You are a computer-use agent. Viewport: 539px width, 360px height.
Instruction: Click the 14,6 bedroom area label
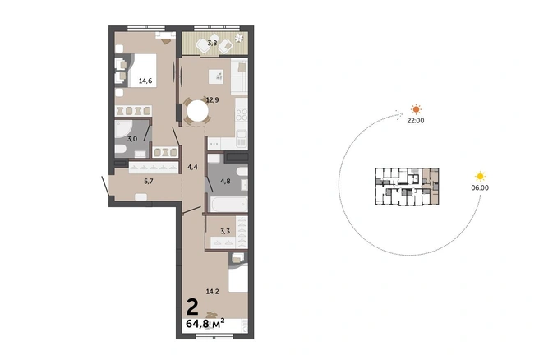(145, 81)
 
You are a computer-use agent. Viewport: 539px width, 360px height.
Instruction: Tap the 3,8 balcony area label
(212, 43)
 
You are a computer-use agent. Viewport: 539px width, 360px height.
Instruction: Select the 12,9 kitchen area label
(213, 100)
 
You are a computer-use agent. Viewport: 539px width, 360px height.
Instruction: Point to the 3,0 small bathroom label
(132, 139)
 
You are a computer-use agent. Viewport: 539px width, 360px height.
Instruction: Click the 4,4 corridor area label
(192, 168)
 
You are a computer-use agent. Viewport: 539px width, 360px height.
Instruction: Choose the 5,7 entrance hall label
(149, 181)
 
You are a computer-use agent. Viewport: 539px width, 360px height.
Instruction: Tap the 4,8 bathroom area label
(225, 181)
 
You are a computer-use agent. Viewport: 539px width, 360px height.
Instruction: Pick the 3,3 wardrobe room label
(225, 232)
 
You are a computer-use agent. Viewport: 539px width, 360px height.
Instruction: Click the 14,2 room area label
(213, 292)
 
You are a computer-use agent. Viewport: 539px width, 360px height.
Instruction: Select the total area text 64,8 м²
(205, 323)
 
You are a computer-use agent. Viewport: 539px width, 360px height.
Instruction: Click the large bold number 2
(192, 307)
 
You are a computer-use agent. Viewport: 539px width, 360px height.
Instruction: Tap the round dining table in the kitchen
(197, 111)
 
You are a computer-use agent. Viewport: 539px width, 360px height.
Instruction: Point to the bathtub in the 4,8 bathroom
(228, 204)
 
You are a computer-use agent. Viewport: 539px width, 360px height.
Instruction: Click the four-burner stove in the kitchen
(242, 114)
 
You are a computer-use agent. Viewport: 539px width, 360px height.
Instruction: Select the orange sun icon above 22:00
(417, 109)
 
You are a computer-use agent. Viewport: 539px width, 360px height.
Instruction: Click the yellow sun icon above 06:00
(480, 177)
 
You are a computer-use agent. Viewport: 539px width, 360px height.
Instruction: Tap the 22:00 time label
(416, 121)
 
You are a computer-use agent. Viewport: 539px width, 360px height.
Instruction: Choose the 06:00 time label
(480, 187)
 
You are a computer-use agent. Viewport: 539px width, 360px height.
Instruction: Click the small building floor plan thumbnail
(407, 187)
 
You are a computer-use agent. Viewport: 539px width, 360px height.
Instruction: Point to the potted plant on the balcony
(239, 38)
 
